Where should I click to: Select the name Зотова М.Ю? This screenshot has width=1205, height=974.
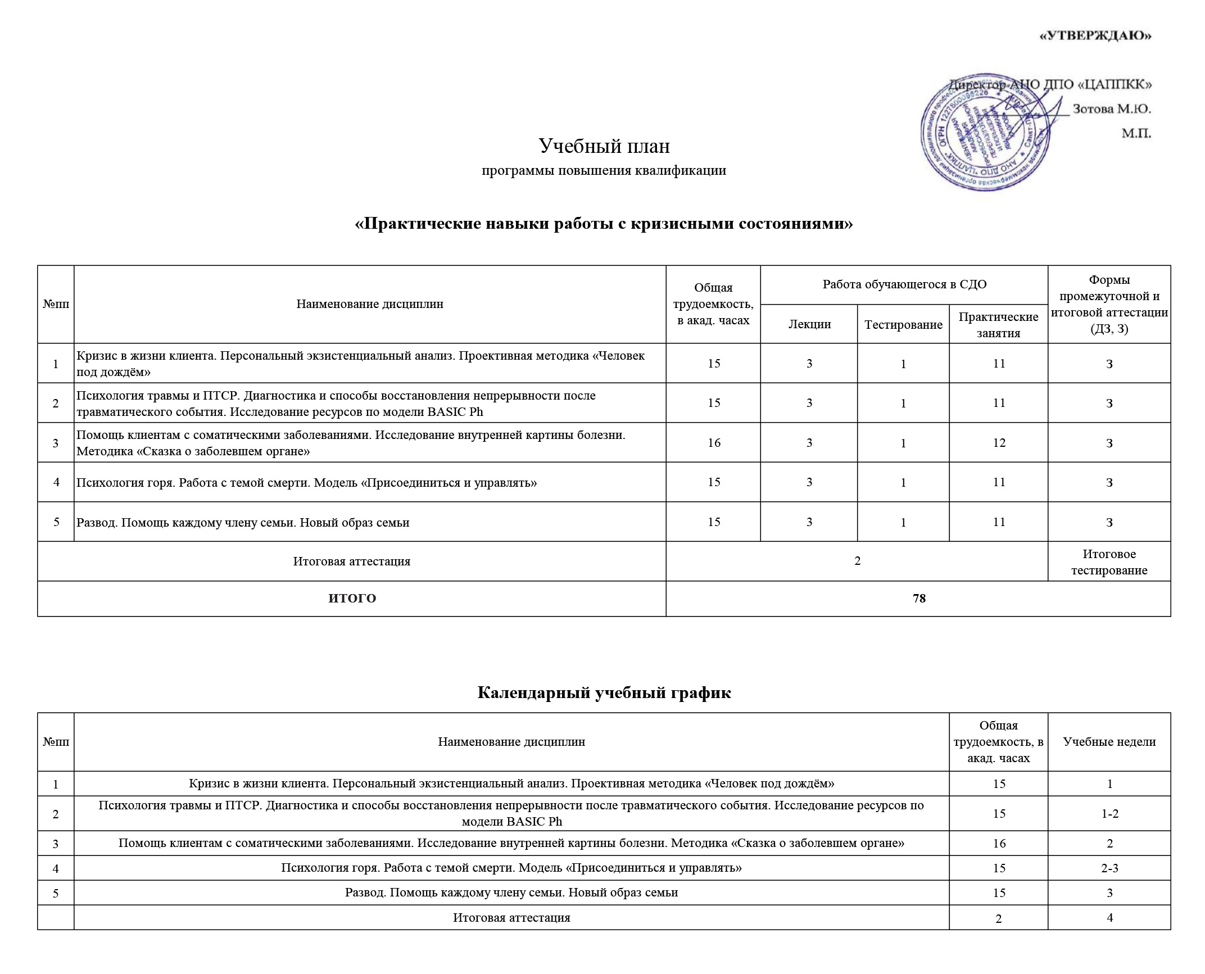coord(1112,109)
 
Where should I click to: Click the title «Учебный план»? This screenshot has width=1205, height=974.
coord(604,146)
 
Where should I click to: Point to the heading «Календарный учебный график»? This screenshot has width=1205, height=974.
coord(604,692)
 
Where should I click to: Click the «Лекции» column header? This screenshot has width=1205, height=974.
coord(809,324)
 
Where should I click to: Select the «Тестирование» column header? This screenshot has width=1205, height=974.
coord(903,324)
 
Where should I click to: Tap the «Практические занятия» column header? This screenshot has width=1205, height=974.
coord(998,324)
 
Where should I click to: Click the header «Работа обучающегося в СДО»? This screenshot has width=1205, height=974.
coord(904,284)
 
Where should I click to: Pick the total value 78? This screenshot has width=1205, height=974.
coord(919,599)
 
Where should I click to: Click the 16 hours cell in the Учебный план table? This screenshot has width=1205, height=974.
coord(714,443)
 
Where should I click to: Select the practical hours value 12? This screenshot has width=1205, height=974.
coord(999,443)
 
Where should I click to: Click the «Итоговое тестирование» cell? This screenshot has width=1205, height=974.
coord(1109,562)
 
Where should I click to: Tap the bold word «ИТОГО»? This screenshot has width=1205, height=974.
coord(352,599)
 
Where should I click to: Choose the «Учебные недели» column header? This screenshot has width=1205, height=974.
coord(1109,742)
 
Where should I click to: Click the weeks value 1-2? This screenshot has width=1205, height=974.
coord(1109,813)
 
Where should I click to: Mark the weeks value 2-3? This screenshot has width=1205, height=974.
coord(1109,868)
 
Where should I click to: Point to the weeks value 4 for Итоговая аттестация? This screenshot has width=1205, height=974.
coord(1109,917)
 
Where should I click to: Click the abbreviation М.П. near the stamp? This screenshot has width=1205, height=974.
coord(1136,134)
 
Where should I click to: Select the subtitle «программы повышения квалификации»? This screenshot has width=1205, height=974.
coord(604,170)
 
